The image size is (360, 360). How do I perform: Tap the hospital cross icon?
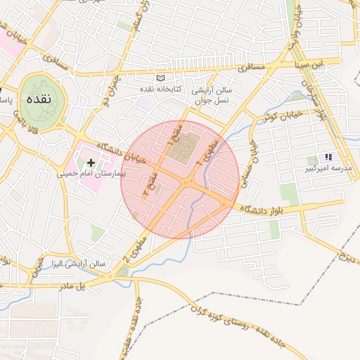(91, 162)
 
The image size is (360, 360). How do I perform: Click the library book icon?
(161, 77)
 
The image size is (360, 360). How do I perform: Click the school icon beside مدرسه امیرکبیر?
(327, 157)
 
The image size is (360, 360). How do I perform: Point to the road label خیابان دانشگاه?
(122, 151)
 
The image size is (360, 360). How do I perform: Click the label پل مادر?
(71, 285)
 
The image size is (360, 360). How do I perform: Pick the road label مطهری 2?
(131, 251)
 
